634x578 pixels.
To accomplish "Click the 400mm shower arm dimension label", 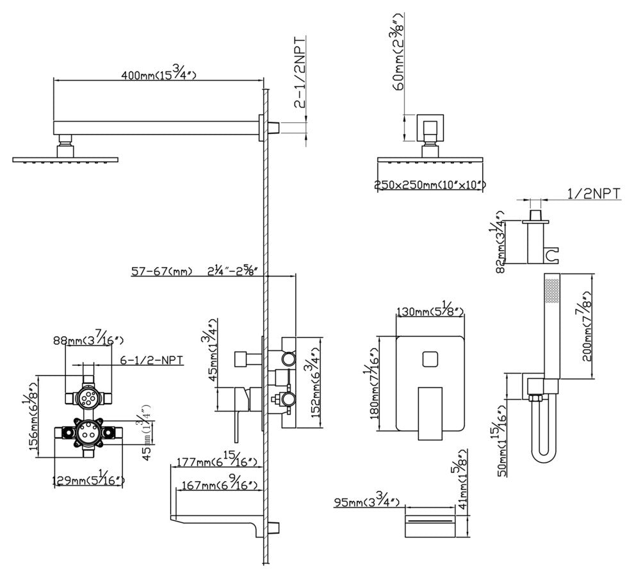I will (158, 75).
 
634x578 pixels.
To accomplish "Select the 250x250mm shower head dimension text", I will (430, 186).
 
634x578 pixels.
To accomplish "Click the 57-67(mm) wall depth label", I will (161, 272).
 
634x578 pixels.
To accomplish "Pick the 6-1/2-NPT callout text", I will (152, 361).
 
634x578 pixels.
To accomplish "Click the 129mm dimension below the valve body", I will (88, 480).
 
